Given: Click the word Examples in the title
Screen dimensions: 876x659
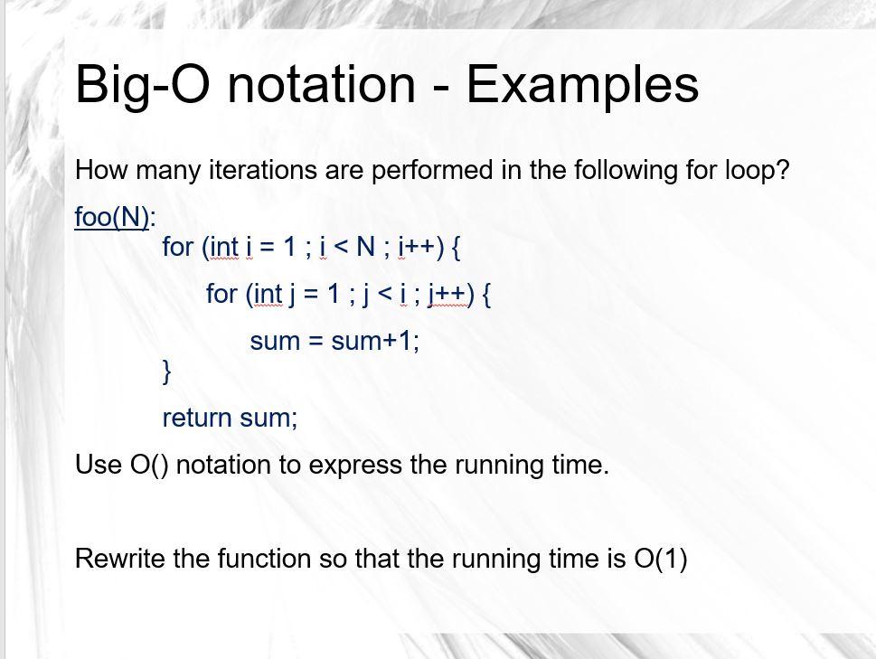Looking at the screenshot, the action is pos(582,85).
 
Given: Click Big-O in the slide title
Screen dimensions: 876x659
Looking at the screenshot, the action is pos(142,85).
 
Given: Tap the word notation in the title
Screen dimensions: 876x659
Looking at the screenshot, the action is pos(321,84).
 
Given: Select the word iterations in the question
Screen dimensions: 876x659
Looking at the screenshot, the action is pos(262,170).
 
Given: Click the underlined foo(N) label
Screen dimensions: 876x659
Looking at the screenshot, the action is pos(112,217).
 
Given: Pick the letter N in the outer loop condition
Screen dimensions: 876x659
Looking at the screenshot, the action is pos(365,246).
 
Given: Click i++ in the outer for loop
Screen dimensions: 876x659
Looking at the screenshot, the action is pos(417,247).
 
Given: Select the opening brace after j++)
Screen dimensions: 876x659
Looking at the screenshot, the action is pos(486,295).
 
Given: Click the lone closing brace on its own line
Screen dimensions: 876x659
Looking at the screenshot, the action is pos(166,372).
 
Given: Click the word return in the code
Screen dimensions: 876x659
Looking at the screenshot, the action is pos(197,418).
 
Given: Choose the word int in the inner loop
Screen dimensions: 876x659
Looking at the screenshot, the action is pos(268,295).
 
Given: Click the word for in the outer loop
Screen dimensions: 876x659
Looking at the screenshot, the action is pos(178,246).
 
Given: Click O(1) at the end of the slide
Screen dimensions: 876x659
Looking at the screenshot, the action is pos(661,559).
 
